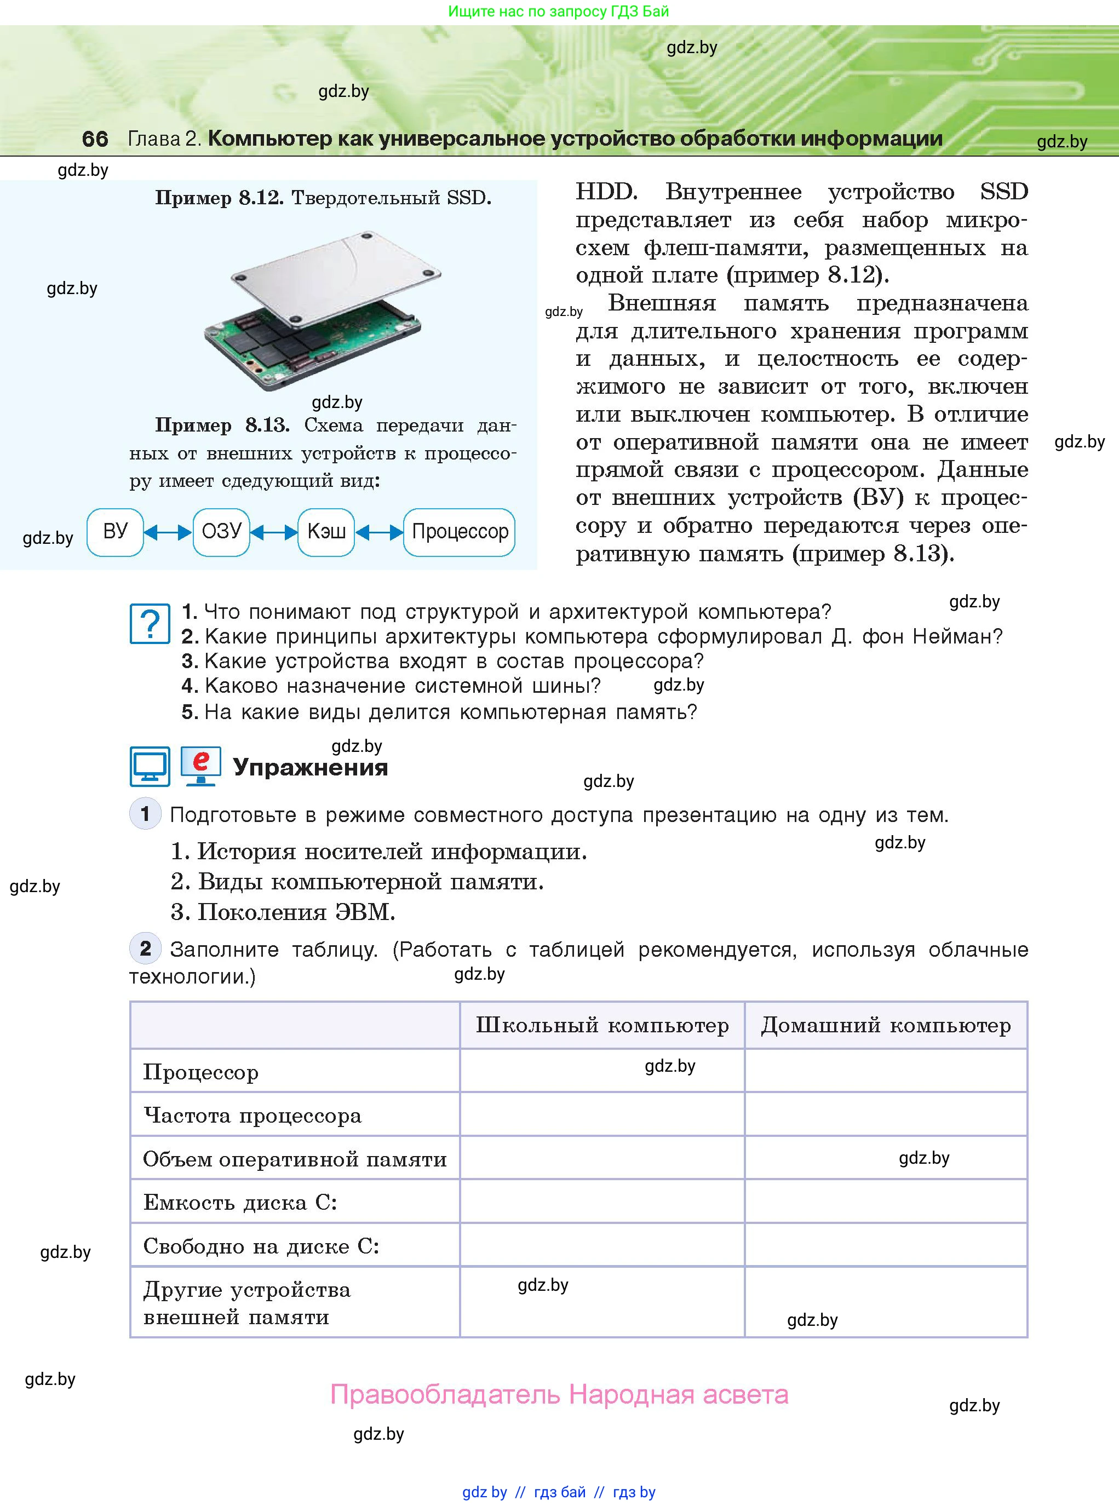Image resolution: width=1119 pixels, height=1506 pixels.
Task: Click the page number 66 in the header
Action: (x=95, y=139)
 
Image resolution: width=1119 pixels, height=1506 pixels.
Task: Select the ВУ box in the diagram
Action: (x=115, y=532)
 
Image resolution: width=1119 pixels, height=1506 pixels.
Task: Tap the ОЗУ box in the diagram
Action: (x=221, y=532)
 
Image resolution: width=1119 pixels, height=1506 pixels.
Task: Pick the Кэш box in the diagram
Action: (x=326, y=532)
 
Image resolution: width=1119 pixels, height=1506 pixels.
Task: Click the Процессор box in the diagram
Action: (x=459, y=532)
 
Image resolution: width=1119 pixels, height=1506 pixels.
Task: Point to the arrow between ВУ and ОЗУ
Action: (x=168, y=533)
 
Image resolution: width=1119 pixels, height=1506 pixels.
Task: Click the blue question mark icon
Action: (x=150, y=623)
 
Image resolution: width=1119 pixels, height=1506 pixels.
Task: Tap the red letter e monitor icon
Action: (x=200, y=766)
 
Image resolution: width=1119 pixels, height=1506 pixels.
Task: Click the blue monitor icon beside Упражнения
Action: (x=150, y=767)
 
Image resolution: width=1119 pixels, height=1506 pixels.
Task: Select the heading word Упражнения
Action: (x=310, y=767)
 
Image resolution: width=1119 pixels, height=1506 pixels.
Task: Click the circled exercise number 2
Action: (x=145, y=948)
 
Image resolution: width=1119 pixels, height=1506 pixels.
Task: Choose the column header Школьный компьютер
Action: (x=601, y=1025)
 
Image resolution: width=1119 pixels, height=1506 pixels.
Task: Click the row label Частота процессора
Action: (x=252, y=1116)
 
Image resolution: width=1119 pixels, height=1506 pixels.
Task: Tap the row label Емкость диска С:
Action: (x=240, y=1203)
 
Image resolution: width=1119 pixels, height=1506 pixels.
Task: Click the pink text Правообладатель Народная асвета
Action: (x=559, y=1394)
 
